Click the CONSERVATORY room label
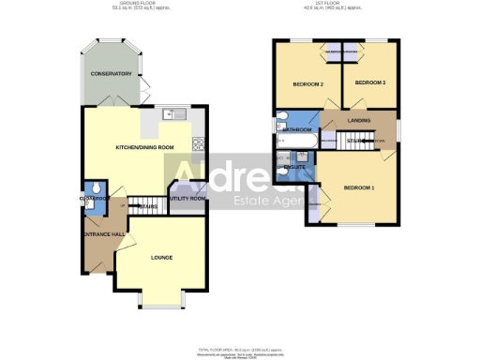pos(111,73)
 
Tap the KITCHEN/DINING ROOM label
pos(144,148)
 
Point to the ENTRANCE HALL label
pos(104,233)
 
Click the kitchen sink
pos(169,115)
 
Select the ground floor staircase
pos(146,206)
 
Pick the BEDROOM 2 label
pos(307,84)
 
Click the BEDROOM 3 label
pos(369,83)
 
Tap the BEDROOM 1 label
pos(359,188)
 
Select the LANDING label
pos(358,121)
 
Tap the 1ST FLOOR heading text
pos(333,5)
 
